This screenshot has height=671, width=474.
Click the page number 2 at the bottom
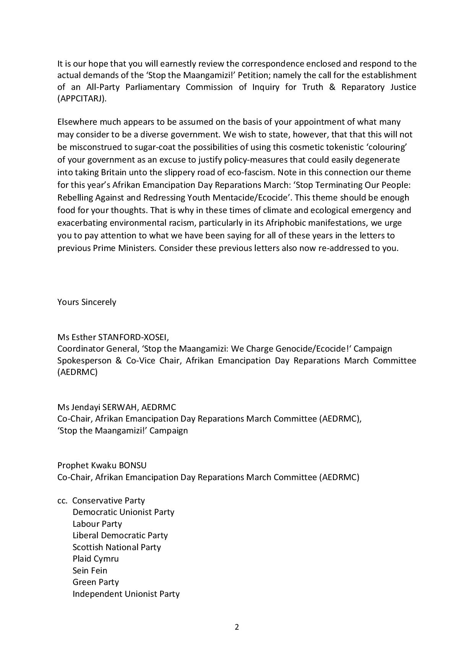237,627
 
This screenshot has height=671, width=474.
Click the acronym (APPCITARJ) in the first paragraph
82,99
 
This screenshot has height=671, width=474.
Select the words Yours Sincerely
87,302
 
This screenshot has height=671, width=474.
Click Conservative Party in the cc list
109,500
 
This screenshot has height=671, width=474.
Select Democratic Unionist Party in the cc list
123,512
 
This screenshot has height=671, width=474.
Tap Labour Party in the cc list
97,524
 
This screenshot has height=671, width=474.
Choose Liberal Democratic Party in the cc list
120,535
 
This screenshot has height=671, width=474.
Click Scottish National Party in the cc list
117,547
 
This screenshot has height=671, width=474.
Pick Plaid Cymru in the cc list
96,559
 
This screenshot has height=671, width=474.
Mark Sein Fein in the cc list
90,570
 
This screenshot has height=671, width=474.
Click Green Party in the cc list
96,582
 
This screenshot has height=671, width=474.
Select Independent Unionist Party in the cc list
126,594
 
